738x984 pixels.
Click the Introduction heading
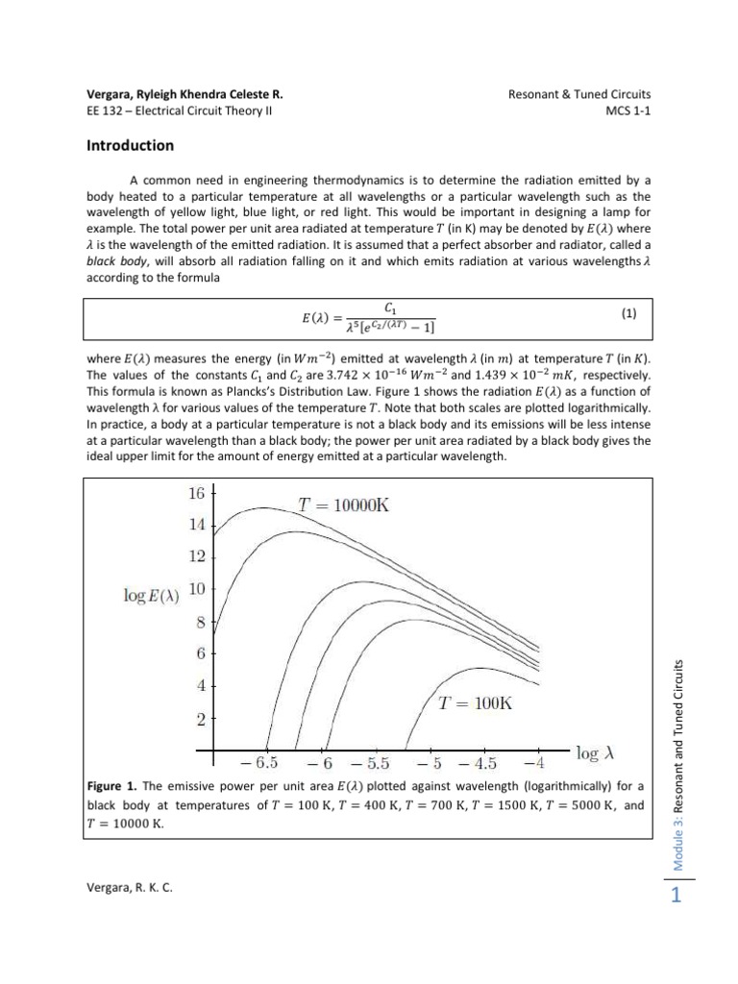click(130, 146)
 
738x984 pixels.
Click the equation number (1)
click(629, 312)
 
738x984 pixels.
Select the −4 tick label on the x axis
click(533, 765)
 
